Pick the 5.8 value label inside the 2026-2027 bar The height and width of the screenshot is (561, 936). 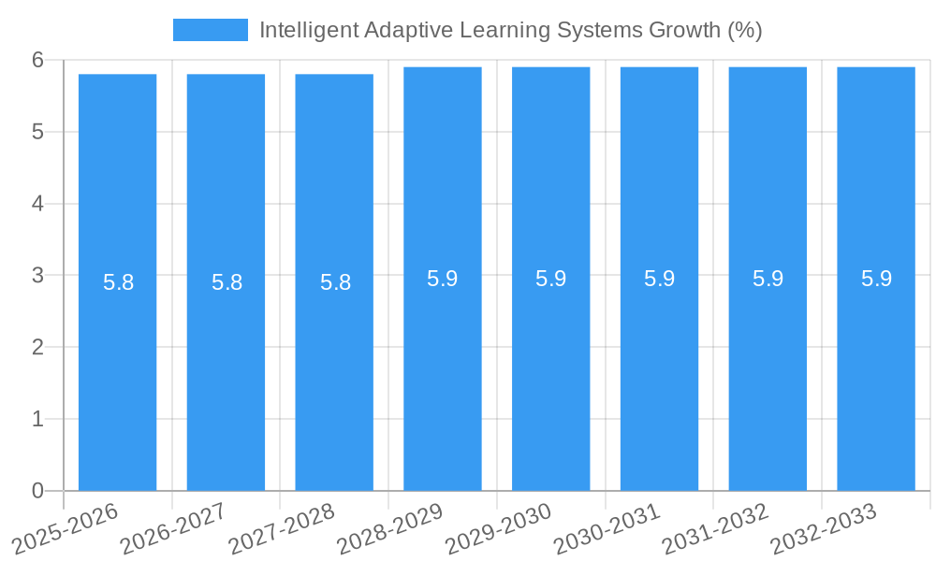click(x=227, y=282)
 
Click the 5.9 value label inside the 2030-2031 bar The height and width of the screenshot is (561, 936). click(x=659, y=279)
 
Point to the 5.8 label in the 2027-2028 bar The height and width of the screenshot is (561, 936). click(x=335, y=282)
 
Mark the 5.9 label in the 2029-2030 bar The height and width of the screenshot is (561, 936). click(x=550, y=279)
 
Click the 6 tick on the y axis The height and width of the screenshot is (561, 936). click(x=38, y=60)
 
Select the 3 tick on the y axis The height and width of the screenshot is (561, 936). click(x=38, y=275)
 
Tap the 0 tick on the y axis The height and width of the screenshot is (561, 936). click(x=38, y=491)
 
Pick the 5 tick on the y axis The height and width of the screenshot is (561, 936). click(x=38, y=132)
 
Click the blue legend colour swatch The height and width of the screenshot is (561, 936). click(x=211, y=30)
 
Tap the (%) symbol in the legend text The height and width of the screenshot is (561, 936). click(x=745, y=30)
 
